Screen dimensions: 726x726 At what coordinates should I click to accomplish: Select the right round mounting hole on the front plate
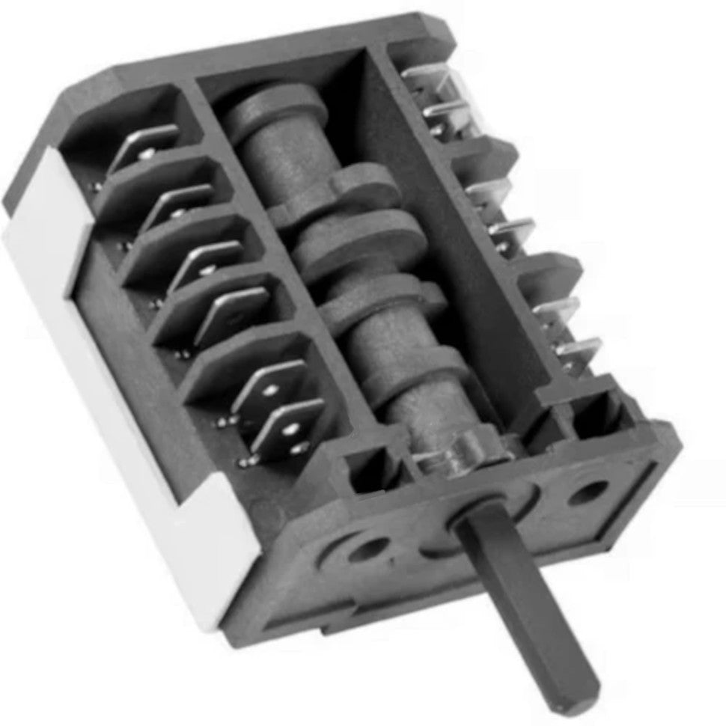(588, 493)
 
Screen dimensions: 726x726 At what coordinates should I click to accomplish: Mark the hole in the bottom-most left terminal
(288, 430)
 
